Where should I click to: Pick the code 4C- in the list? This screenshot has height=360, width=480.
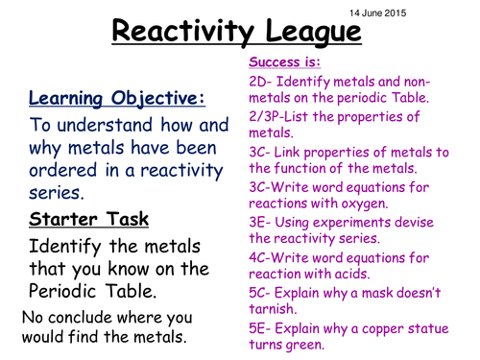(x=263, y=256)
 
